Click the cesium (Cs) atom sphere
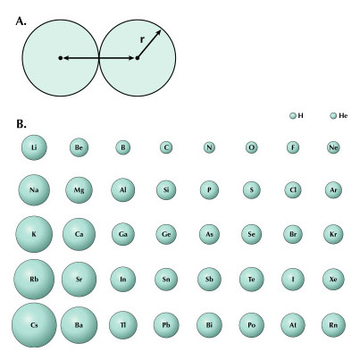[x=34, y=325]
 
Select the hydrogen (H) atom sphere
[x=293, y=115]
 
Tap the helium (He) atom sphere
[x=333, y=115]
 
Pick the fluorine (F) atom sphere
[x=293, y=147]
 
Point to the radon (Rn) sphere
[x=333, y=325]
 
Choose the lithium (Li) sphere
[x=34, y=147]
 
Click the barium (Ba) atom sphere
[x=79, y=325]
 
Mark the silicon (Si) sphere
[x=166, y=190]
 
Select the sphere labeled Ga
[x=123, y=234]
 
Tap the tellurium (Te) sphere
[x=252, y=280]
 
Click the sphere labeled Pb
[x=166, y=325]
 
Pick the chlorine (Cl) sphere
[x=293, y=190]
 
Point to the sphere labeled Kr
[x=333, y=234]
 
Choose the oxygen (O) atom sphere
[x=252, y=147]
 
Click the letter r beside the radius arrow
[x=143, y=39]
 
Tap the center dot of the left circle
[x=61, y=58]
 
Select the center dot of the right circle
[x=138, y=58]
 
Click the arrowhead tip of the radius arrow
[x=161, y=30]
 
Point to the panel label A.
[x=21, y=21]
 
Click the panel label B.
[x=21, y=124]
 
